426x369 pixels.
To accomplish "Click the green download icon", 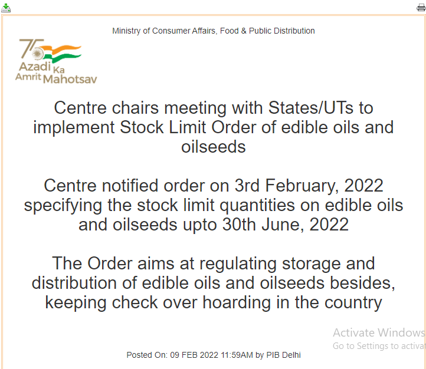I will coord(6,8).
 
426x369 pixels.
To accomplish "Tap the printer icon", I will coord(421,8).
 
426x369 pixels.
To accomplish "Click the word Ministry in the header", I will coord(126,31).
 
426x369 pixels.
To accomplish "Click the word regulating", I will coord(237,263).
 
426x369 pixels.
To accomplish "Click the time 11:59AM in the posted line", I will coord(235,355).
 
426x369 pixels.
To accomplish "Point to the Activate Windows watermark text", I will coord(378,332).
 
